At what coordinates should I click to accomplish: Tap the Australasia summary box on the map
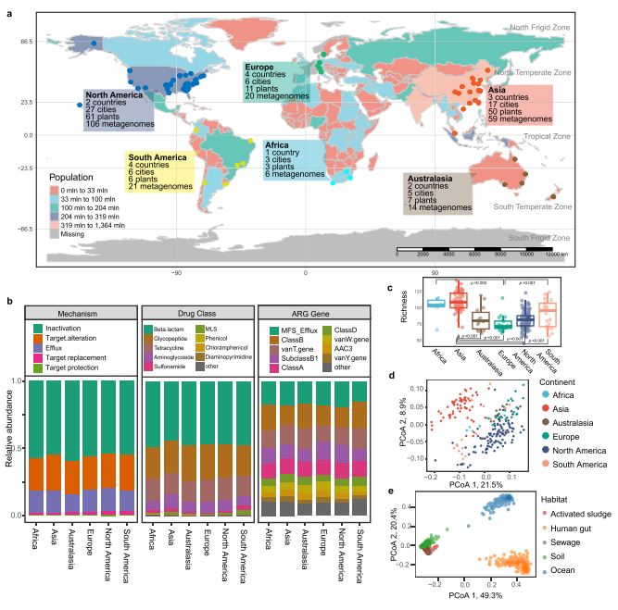tap(436, 193)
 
